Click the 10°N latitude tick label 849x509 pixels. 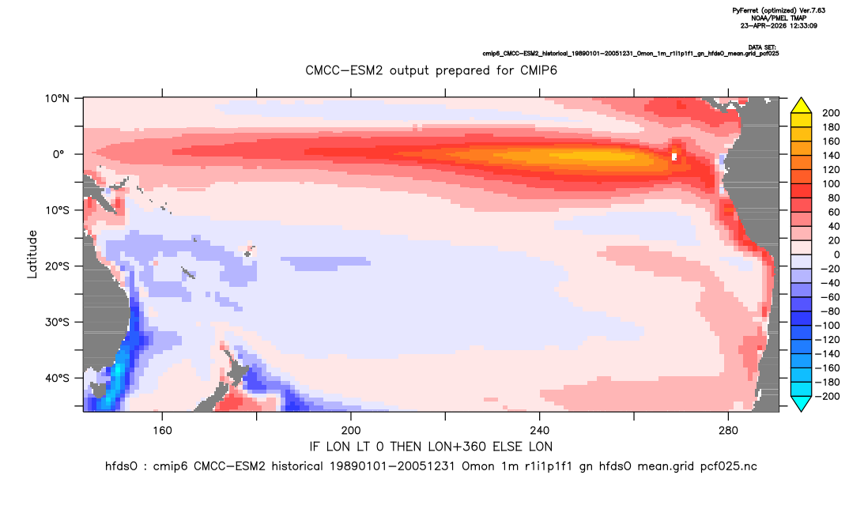57,99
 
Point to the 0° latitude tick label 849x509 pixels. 58,154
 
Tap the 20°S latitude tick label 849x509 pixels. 57,266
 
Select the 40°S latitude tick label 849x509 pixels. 57,378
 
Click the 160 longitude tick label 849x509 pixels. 162,431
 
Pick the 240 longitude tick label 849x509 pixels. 540,431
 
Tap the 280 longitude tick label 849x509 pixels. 728,431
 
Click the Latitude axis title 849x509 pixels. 32,254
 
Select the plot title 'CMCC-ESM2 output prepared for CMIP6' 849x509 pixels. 431,70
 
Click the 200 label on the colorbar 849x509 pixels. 831,113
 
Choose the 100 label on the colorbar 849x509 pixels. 831,184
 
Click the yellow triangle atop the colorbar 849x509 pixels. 801,106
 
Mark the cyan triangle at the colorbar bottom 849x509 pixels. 801,403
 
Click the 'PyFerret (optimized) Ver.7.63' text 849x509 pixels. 779,10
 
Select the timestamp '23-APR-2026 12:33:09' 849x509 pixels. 779,25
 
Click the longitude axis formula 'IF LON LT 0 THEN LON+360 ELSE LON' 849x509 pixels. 431,447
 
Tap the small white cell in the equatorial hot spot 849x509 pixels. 674,157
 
